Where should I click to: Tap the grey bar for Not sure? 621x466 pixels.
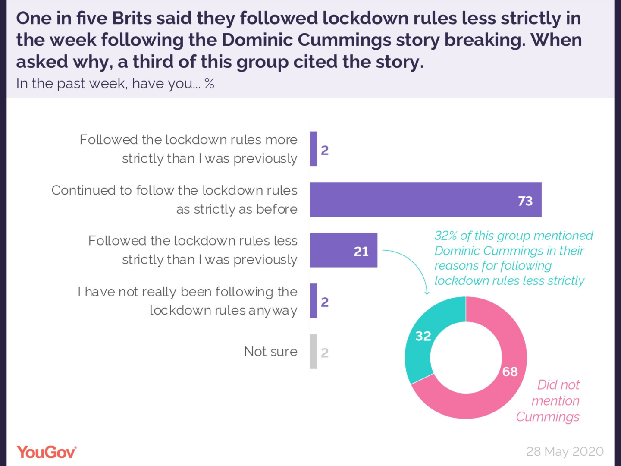pos(314,352)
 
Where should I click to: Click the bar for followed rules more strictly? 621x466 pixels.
pos(314,149)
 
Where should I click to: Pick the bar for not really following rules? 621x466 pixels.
pos(314,301)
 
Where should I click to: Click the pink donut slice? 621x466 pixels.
pos(496,388)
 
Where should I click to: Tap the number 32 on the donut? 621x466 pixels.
pos(423,336)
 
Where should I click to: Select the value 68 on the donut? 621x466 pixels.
pos(510,372)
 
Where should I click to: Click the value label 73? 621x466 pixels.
pos(525,201)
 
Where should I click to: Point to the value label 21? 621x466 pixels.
pos(361,252)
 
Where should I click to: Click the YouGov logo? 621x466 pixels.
pos(47,452)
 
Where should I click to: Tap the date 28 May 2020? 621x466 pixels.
pos(565,452)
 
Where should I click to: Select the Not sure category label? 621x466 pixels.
pos(270,352)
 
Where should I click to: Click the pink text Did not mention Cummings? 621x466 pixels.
pos(552,401)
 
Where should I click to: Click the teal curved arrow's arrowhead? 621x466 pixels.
pos(427,293)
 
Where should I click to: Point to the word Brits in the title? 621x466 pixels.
pos(132,19)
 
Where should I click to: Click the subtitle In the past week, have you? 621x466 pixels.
pos(115,83)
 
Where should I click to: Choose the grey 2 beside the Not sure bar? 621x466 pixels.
pos(325,353)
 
